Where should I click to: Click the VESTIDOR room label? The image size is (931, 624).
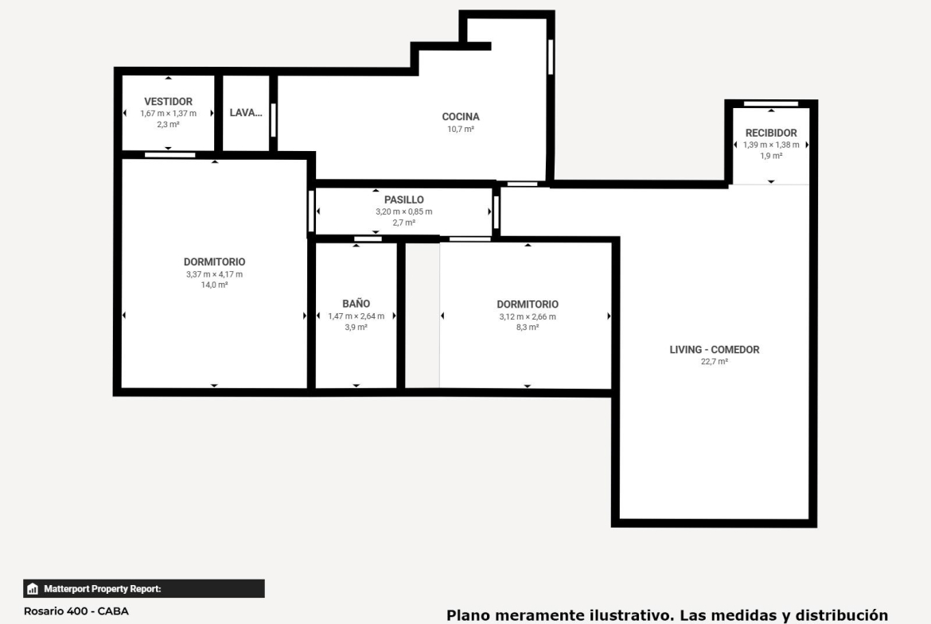tap(168, 102)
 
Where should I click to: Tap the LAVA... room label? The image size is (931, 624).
tap(246, 113)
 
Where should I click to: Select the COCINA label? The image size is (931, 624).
tap(461, 117)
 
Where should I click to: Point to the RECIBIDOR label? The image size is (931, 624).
tap(771, 133)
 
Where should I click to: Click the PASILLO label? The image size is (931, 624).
tap(403, 200)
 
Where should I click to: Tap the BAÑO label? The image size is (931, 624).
tap(356, 304)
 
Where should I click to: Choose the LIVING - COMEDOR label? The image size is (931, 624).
tap(715, 350)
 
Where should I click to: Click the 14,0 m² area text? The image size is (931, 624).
tap(214, 285)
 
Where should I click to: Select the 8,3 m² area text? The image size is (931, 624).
tap(528, 327)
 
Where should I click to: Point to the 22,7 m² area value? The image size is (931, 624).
tap(715, 361)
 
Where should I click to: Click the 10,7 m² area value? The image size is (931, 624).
tap(461, 129)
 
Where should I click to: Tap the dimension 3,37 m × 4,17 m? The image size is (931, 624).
tap(214, 274)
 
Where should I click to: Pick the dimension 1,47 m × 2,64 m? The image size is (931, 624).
tap(356, 316)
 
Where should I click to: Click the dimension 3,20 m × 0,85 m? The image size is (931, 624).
tap(403, 211)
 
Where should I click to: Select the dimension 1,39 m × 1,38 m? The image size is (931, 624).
tap(771, 145)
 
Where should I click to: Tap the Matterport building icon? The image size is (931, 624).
tap(33, 589)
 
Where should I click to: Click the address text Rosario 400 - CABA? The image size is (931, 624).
tap(76, 611)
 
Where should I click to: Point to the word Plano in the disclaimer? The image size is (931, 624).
tap(468, 615)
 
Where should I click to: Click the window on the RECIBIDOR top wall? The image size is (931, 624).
tap(771, 104)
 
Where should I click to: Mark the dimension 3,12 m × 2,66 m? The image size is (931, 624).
tap(528, 316)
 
